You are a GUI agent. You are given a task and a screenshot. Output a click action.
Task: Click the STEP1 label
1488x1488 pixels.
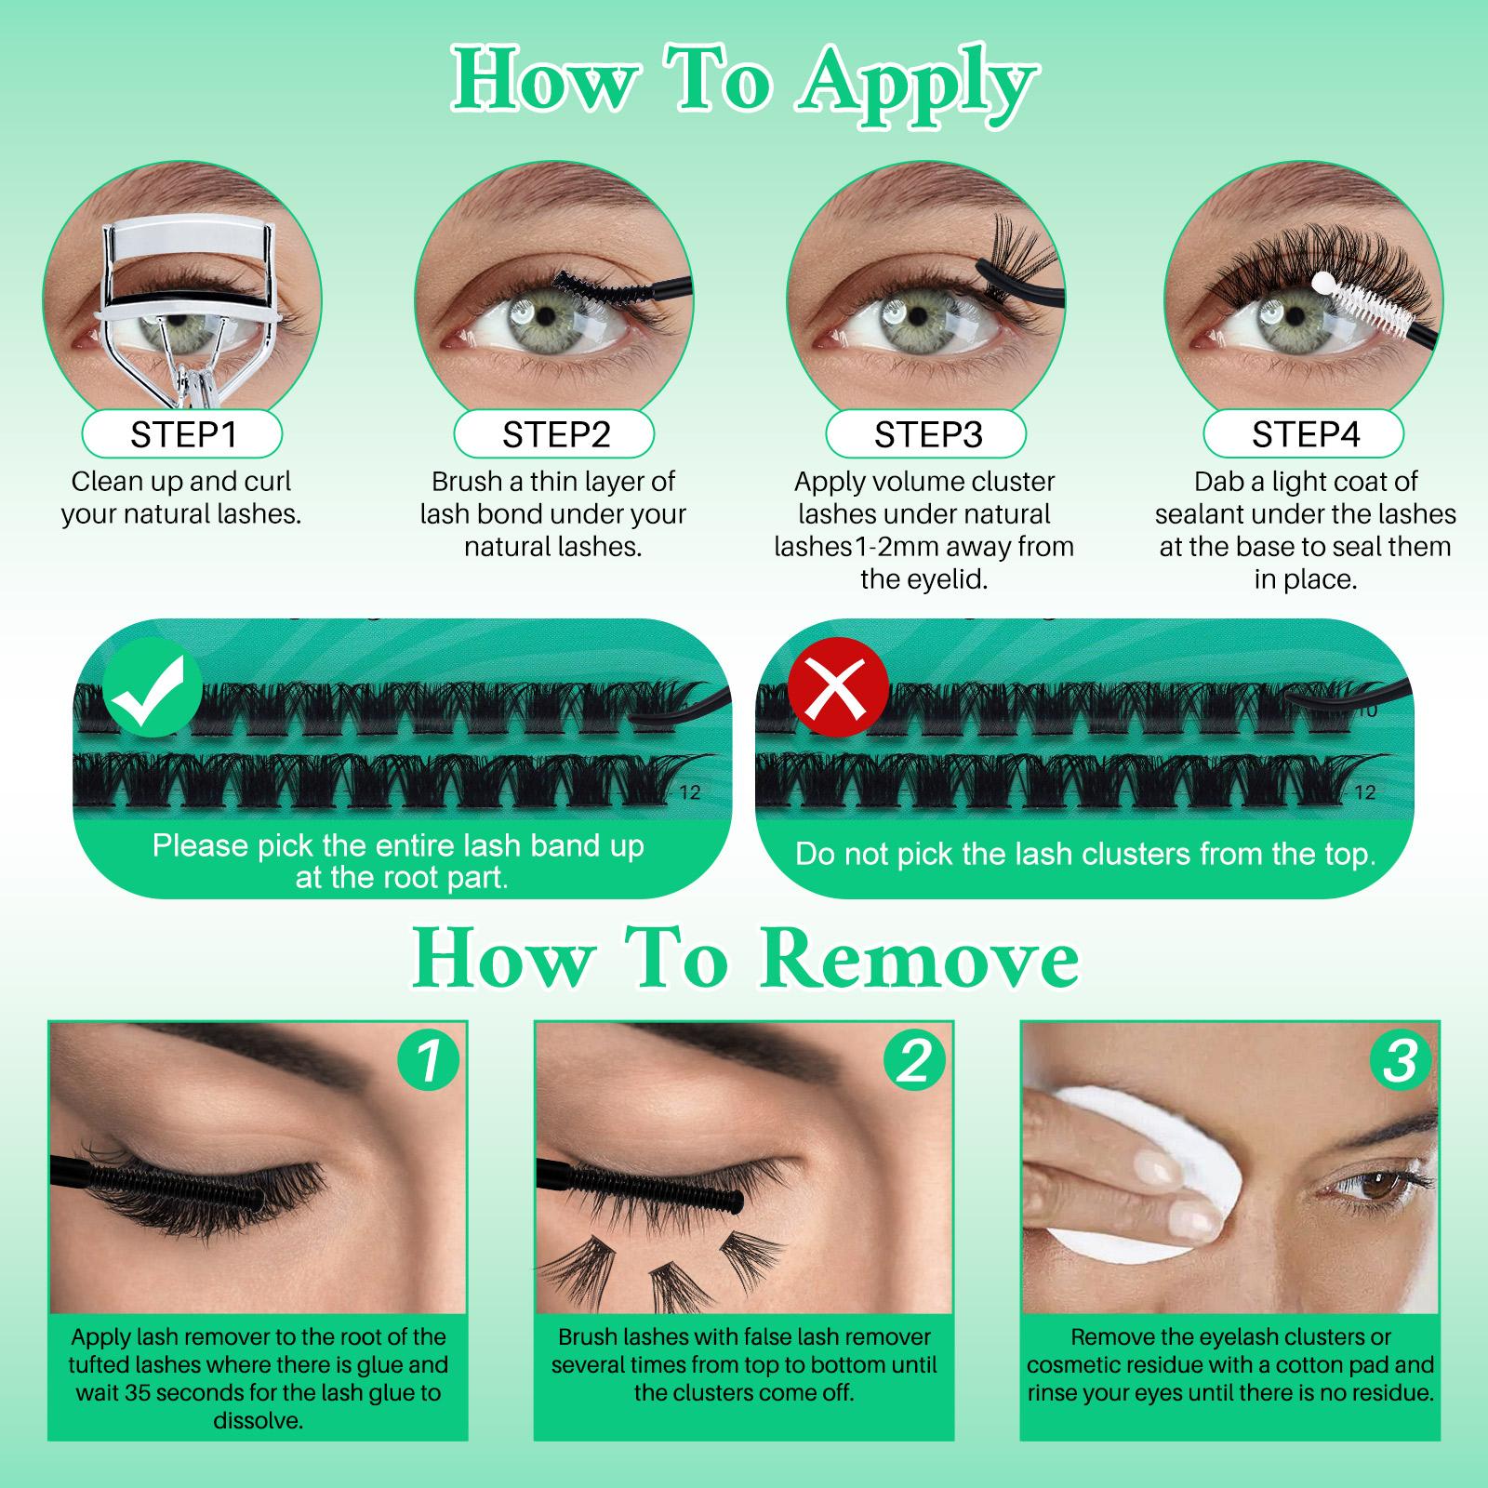pos(182,434)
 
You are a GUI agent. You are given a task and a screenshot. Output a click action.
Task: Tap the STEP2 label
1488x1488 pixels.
pos(555,434)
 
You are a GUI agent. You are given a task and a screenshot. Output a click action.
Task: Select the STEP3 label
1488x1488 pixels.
pos(927,434)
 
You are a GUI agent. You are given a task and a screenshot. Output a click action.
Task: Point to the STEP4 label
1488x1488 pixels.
pos(1304,434)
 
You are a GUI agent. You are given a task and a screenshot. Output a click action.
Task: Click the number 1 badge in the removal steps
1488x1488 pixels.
pos(428,1060)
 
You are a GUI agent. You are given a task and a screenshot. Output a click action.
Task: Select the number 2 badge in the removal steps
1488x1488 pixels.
pos(913,1060)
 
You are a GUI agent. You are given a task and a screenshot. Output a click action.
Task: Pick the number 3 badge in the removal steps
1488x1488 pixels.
pos(1400,1060)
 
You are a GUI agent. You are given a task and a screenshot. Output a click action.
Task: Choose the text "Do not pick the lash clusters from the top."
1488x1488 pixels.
pos(1084,854)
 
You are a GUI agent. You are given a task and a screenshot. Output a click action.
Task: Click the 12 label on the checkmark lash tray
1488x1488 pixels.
pos(689,792)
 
